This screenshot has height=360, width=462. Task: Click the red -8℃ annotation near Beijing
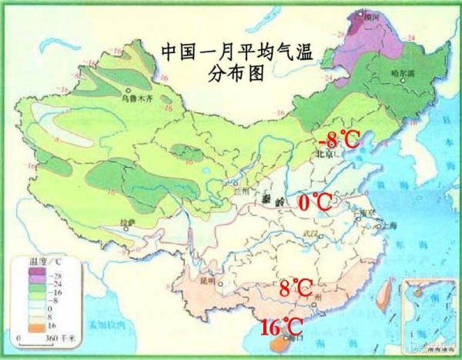[339, 139]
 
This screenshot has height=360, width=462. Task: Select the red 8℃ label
[296, 289]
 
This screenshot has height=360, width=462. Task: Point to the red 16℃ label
[280, 326]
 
